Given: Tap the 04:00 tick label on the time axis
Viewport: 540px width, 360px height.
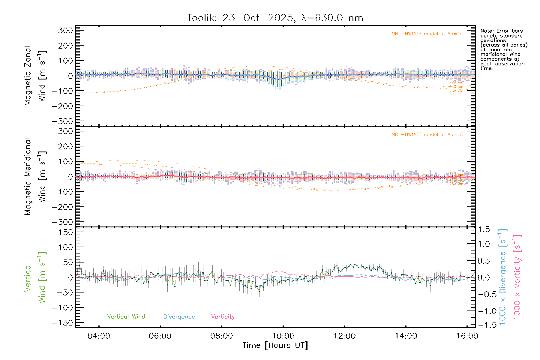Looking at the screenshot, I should click(99, 336).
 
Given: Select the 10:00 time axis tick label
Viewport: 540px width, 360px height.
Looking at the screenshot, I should click(283, 336).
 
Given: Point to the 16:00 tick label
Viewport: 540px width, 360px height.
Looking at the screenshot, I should click(467, 336).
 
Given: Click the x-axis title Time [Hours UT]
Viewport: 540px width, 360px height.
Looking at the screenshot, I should click(275, 345).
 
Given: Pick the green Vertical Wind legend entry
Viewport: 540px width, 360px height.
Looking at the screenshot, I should click(126, 316).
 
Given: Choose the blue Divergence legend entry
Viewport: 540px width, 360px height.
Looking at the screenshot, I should click(179, 316).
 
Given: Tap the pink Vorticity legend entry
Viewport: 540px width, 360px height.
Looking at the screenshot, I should click(223, 316).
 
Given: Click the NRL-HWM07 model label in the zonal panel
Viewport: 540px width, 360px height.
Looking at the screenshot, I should click(427, 34).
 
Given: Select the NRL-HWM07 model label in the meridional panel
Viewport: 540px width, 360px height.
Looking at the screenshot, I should click(427, 135).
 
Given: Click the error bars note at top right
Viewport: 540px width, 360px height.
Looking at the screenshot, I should click(503, 49).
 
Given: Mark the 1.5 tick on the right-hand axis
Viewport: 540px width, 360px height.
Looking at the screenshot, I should click(484, 229).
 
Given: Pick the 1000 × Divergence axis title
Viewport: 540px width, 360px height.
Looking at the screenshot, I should click(503, 277).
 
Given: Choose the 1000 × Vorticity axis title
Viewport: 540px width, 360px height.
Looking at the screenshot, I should click(517, 277).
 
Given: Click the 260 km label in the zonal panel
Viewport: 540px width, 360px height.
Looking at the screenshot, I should click(456, 91).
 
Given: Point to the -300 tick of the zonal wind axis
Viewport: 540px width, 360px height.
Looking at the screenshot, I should click(63, 121).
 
